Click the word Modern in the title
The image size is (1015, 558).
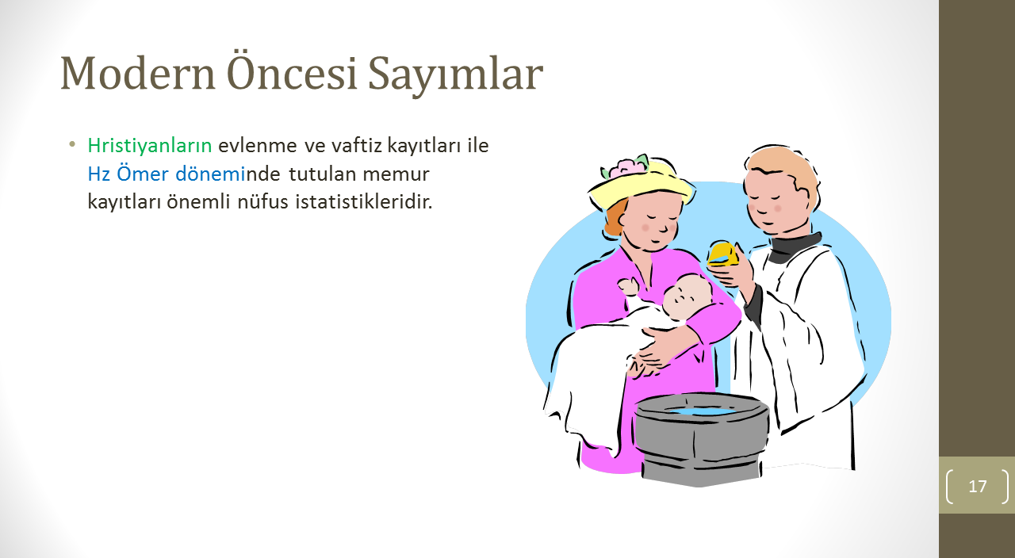click(x=138, y=73)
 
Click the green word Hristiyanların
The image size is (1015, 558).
click(x=150, y=146)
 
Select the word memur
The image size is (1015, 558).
click(x=396, y=174)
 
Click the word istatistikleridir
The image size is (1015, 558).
click(x=364, y=201)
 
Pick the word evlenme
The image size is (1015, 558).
click(x=258, y=146)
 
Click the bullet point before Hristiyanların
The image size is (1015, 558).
click(x=71, y=145)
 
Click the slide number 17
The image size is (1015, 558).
click(x=978, y=487)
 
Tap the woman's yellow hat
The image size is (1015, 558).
click(x=640, y=186)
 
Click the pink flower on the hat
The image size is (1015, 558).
click(x=627, y=167)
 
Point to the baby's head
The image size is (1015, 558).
click(x=687, y=296)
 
